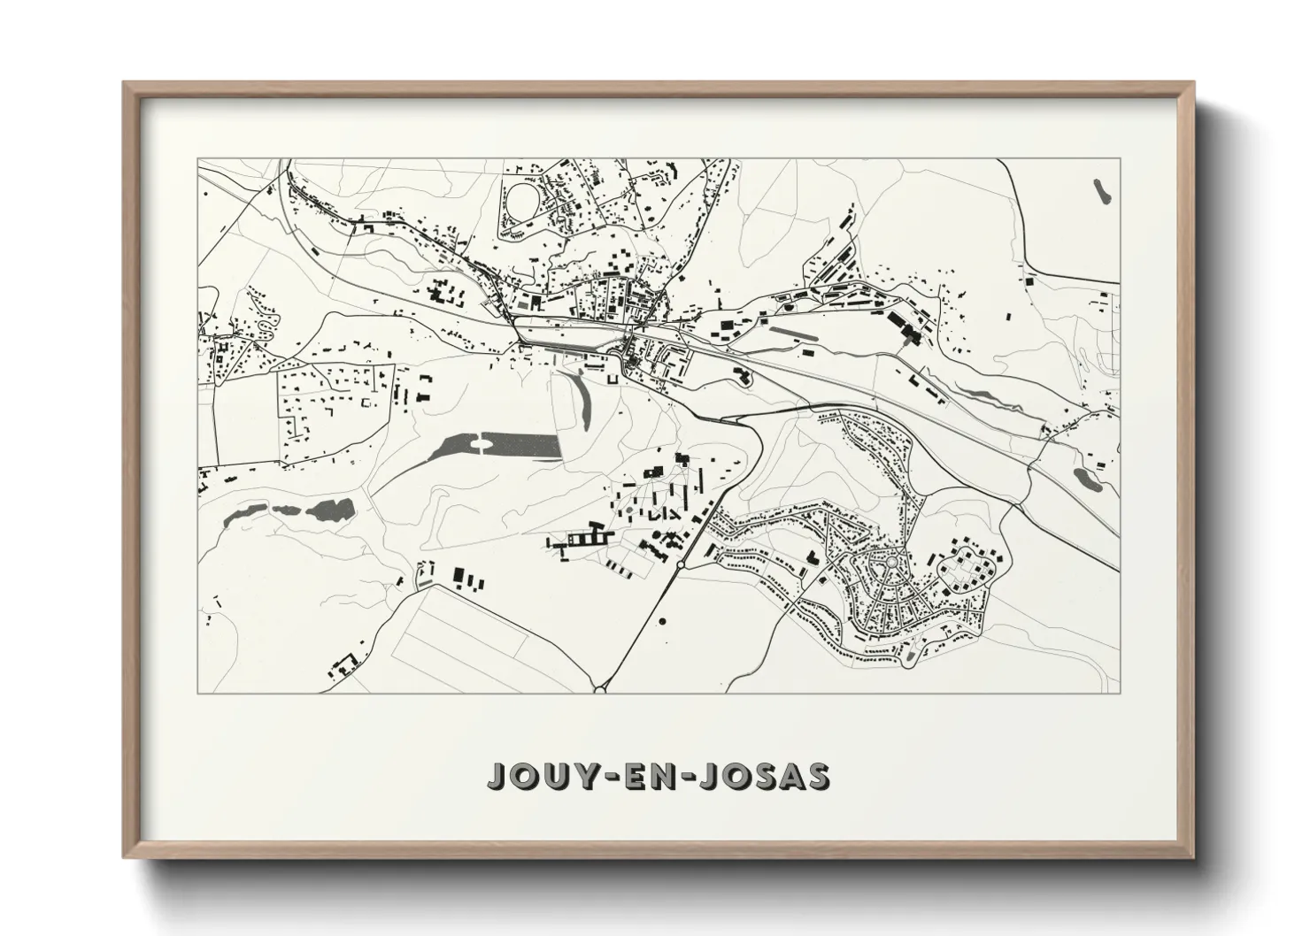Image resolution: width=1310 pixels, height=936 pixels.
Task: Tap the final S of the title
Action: [818, 775]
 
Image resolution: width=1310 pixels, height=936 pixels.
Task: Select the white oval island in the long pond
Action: [483, 443]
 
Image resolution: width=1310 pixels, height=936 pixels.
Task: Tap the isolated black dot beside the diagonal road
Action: [662, 622]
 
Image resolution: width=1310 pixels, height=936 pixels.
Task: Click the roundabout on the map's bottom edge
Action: [600, 688]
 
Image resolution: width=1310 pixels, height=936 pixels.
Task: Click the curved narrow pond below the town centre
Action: [580, 398]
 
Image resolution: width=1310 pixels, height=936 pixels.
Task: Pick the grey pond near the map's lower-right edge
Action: [1085, 478]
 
